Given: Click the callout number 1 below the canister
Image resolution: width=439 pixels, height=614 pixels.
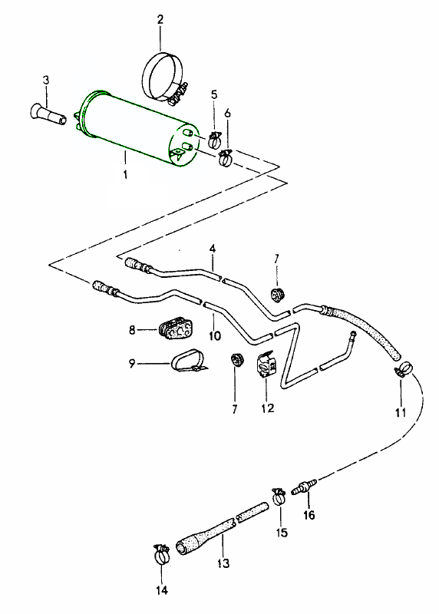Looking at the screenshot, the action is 125,173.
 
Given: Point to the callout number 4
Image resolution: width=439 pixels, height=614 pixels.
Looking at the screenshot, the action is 212,248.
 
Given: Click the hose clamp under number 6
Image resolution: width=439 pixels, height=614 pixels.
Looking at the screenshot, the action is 226,157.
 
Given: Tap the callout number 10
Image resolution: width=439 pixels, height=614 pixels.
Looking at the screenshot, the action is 215,335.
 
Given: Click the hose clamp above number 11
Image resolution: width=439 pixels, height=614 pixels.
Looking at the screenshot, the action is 404,369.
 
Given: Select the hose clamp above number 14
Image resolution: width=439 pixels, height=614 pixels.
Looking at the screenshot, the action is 162,553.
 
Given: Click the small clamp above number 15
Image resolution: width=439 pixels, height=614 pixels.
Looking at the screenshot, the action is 279,497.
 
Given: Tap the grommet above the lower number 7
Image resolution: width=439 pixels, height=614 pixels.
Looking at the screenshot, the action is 236,359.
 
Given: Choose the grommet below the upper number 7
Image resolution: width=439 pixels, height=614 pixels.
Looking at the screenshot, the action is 277,295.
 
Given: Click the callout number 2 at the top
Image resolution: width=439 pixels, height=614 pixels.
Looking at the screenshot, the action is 160,19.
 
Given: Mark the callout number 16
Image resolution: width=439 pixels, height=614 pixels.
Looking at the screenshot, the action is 309,514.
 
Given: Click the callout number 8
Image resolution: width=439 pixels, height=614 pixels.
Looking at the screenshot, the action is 132,330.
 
